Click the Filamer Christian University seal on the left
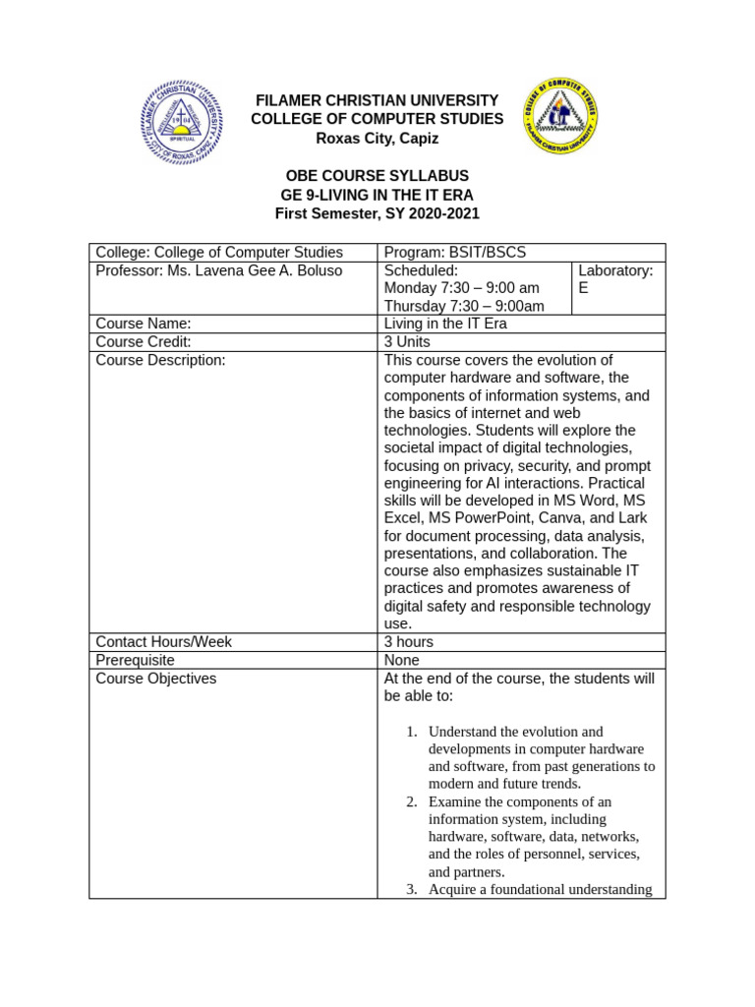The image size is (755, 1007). click(181, 122)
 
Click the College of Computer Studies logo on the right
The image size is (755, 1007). click(559, 117)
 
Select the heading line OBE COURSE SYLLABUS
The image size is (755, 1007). click(377, 176)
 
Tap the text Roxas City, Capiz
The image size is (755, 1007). click(377, 139)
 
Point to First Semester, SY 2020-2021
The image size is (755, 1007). click(377, 213)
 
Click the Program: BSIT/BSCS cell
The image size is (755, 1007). click(454, 253)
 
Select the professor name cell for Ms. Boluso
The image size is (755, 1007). click(218, 270)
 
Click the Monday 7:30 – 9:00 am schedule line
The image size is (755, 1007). click(461, 288)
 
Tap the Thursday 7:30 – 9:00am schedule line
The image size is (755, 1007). click(463, 306)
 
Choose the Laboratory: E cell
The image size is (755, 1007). click(615, 279)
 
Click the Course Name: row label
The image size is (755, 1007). click(144, 324)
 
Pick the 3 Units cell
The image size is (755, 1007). click(407, 341)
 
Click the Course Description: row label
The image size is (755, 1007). click(160, 360)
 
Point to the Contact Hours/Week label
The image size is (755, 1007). click(163, 642)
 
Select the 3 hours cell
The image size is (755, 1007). click(408, 642)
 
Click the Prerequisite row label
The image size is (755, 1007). click(136, 660)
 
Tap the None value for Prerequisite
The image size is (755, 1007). click(401, 660)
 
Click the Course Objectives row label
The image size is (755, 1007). click(156, 679)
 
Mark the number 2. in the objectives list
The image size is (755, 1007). click(412, 801)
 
